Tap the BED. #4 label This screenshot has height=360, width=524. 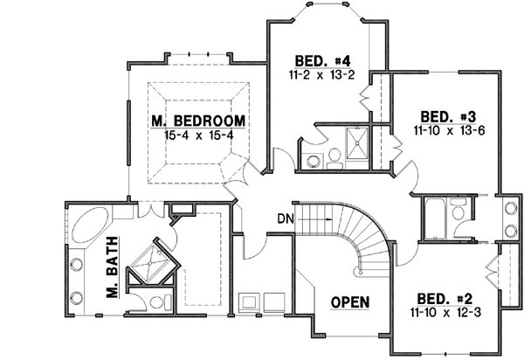pyautogui.click(x=322, y=60)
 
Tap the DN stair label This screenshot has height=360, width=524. pyautogui.click(x=284, y=218)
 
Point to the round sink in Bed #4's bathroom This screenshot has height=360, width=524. pyautogui.click(x=312, y=158)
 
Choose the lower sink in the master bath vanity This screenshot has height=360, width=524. pyautogui.click(x=74, y=297)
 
